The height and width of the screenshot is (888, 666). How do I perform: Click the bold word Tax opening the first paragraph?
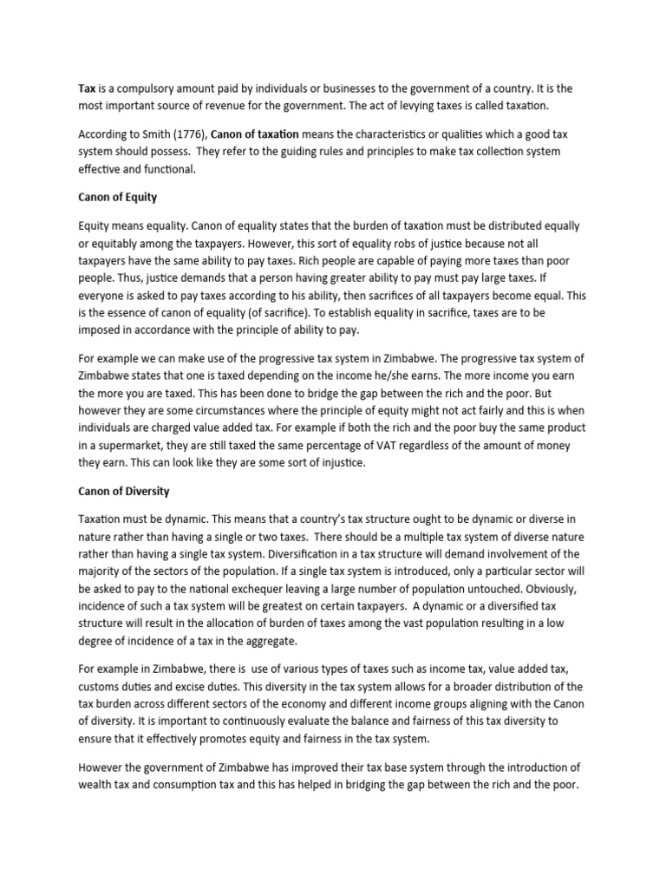click(87, 88)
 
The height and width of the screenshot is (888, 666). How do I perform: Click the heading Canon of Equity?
click(117, 197)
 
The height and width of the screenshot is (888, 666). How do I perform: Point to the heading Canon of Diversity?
click(124, 491)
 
